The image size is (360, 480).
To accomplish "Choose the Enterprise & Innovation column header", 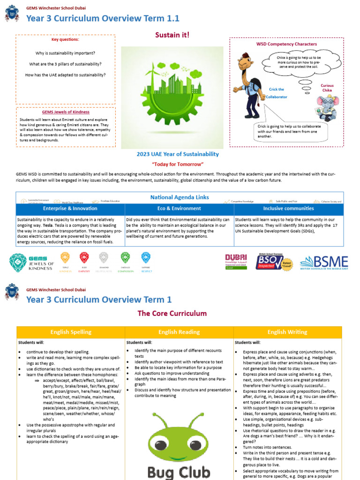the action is point(70,209).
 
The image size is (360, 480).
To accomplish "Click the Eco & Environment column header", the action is point(180,209).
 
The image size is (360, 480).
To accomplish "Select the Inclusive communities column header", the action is point(288,209).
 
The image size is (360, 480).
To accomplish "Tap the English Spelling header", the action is point(71,332).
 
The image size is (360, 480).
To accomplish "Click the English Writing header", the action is point(288,332).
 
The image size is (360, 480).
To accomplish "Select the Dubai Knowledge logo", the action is point(236,262).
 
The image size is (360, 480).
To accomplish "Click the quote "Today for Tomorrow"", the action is point(178,165).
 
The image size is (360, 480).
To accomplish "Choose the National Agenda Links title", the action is point(180,197).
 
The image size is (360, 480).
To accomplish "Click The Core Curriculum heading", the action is point(172,313).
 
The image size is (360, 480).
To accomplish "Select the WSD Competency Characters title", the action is point(286,44).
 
